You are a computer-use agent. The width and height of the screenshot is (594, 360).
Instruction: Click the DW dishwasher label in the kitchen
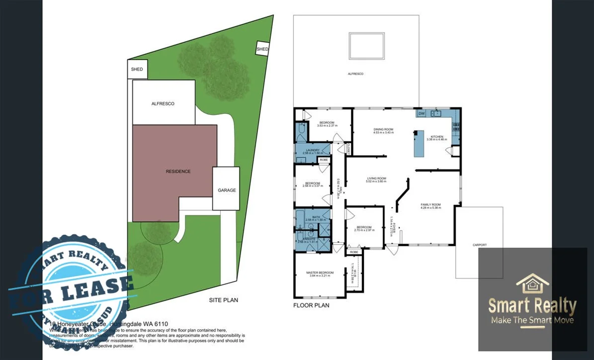pyautogui.click(x=422, y=114)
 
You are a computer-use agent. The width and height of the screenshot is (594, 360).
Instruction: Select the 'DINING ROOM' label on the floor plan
pyautogui.click(x=383, y=130)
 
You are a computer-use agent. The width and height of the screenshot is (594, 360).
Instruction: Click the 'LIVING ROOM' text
pyautogui.click(x=377, y=179)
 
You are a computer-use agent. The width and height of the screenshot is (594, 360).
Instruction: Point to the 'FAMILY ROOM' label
pyautogui.click(x=430, y=205)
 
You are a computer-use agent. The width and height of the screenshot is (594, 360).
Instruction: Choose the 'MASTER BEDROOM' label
pyautogui.click(x=320, y=272)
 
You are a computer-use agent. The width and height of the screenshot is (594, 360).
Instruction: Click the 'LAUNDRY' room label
pyautogui.click(x=313, y=150)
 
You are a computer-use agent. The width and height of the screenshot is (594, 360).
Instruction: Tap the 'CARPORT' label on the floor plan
pyautogui.click(x=479, y=245)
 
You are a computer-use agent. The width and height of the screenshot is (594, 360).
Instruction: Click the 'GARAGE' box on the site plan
pyautogui.click(x=226, y=189)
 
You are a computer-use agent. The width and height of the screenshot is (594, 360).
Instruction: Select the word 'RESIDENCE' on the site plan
pyautogui.click(x=178, y=171)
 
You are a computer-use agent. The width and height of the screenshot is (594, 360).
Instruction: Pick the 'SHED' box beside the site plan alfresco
pyautogui.click(x=137, y=70)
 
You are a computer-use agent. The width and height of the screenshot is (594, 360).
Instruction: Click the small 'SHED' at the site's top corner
pyautogui.click(x=262, y=49)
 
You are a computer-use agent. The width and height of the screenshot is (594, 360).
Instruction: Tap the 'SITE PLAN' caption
pyautogui.click(x=223, y=300)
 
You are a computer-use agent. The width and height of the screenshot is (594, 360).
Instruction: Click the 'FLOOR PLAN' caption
pyautogui.click(x=311, y=305)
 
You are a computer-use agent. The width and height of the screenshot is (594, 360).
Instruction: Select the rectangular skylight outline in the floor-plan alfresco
pyautogui.click(x=367, y=46)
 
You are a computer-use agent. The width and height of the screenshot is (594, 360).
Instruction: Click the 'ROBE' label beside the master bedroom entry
pyautogui.click(x=354, y=252)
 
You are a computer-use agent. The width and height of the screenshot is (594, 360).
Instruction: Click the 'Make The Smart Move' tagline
pyautogui.click(x=532, y=320)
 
